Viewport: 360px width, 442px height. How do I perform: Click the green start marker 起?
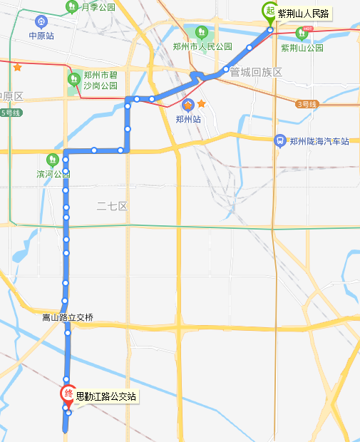(270, 11)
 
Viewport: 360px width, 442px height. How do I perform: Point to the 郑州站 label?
(187, 120)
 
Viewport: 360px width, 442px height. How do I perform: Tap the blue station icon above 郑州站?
(187, 105)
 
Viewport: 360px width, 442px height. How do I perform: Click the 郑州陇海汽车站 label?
(319, 141)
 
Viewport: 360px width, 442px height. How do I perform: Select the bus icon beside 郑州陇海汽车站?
(281, 140)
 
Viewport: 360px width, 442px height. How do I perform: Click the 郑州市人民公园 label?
(202, 47)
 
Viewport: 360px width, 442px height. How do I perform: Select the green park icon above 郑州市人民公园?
(202, 33)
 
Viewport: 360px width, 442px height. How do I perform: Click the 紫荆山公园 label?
(302, 48)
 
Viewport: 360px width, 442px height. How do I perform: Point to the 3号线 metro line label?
(307, 104)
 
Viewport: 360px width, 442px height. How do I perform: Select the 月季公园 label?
(98, 7)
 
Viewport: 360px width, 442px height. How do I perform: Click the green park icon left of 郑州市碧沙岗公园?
(73, 78)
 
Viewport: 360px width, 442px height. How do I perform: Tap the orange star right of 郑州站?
(201, 104)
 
